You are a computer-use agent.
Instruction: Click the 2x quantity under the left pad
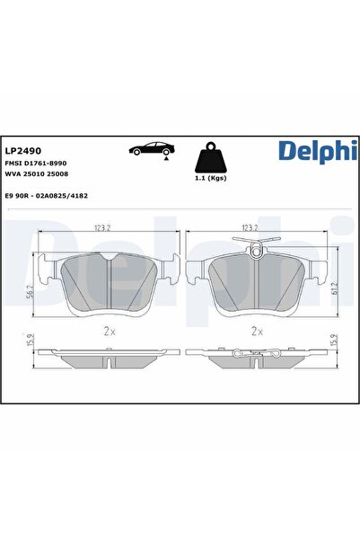pos(110,331)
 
